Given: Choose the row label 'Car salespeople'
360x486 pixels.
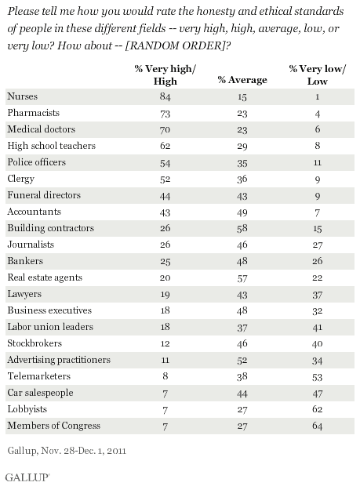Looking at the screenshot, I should (38, 390).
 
